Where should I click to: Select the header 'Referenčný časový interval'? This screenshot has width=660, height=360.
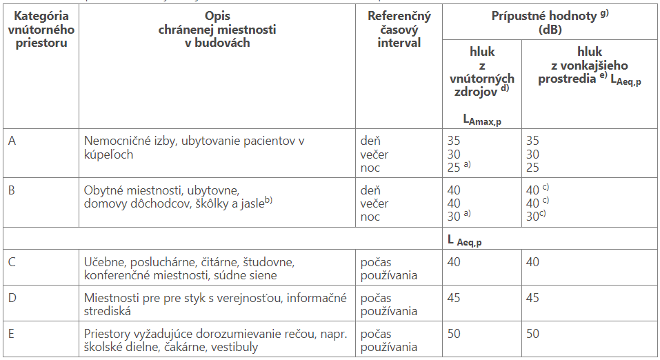click(399, 30)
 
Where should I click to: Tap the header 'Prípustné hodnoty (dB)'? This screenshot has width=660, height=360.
click(550, 23)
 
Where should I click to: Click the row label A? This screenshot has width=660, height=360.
click(13, 141)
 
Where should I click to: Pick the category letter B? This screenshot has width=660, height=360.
click(12, 190)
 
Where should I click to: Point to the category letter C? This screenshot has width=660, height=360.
click(13, 262)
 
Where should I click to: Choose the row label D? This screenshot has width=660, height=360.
click(13, 298)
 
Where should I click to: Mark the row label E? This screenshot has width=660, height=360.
click(12, 334)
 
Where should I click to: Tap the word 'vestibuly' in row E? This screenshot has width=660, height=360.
click(234, 347)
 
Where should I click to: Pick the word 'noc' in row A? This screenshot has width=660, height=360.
click(370, 168)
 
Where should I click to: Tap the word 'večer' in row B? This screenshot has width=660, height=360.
click(374, 203)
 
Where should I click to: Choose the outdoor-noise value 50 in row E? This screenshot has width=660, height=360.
click(534, 334)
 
